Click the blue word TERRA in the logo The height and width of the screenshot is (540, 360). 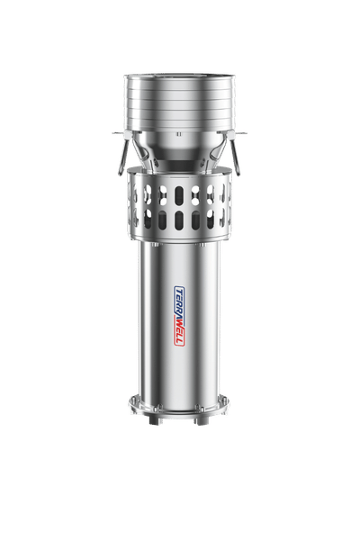179,304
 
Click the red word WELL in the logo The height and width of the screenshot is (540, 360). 180,333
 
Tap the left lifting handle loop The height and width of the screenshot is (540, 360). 122,157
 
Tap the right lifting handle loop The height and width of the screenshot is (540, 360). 235,157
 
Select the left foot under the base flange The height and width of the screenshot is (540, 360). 154,420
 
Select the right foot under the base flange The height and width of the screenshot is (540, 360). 202,420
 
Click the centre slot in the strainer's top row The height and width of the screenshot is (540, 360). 179,195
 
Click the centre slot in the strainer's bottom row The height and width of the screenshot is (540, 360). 179,220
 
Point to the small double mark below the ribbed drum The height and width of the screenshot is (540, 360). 178,134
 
